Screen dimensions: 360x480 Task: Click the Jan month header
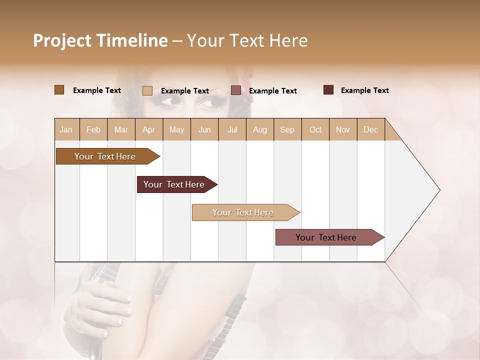(66, 130)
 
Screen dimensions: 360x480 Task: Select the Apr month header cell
(149, 130)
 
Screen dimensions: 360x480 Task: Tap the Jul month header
(232, 130)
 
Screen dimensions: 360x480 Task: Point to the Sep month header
(287, 130)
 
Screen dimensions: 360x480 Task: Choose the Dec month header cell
(370, 130)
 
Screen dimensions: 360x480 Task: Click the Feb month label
(93, 130)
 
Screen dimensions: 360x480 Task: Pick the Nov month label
(342, 130)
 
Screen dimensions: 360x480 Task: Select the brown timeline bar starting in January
(105, 156)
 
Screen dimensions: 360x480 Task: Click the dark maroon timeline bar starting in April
(174, 184)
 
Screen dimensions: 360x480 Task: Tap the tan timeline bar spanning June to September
(243, 212)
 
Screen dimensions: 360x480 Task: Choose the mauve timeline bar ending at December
(326, 237)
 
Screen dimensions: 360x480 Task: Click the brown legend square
(59, 90)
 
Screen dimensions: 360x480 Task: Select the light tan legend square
(147, 90)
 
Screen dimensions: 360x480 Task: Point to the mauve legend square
(236, 90)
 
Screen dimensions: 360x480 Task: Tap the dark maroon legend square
(328, 90)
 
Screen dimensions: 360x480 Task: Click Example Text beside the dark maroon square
(364, 90)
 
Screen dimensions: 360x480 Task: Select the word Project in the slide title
(61, 40)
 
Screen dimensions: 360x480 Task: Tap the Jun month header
(204, 130)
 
